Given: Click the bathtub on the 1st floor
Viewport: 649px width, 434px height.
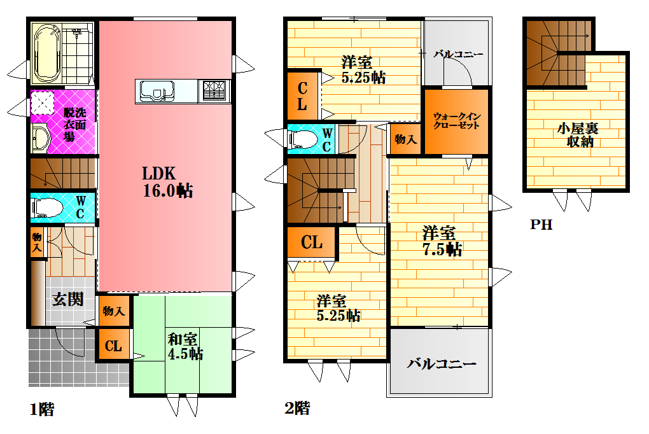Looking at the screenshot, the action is pos(46,53).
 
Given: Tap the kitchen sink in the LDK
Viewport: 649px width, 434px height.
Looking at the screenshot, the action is pos(157,91).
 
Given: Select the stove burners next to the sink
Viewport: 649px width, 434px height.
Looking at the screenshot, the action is pos(214,91).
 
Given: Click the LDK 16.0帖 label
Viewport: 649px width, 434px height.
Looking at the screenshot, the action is pos(167,182).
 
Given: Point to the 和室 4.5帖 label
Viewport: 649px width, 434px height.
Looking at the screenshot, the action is pos(185,346).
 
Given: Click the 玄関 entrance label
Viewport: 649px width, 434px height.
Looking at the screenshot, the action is pos(68,299).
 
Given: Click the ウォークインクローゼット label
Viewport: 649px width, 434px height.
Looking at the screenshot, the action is pos(457,120).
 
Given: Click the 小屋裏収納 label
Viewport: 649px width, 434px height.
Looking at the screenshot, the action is pos(578,135).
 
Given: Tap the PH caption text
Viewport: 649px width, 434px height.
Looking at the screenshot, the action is pos(541,225).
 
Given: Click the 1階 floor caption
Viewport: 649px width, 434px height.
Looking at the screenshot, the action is pos(42,409).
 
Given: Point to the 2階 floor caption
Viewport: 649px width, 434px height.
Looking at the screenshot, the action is pos(297,408).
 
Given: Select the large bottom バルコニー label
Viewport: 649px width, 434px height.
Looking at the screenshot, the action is pos(442,364).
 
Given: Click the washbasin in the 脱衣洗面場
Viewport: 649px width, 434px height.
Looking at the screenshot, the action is pos(41,138).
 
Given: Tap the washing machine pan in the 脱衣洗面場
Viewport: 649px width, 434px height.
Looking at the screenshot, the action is pos(42,102).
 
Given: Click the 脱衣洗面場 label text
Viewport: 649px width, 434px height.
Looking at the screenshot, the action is pos(74,124).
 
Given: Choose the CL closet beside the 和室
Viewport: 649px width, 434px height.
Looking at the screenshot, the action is pos(113,346).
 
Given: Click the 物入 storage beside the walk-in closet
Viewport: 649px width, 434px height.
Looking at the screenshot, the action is pos(406,139).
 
